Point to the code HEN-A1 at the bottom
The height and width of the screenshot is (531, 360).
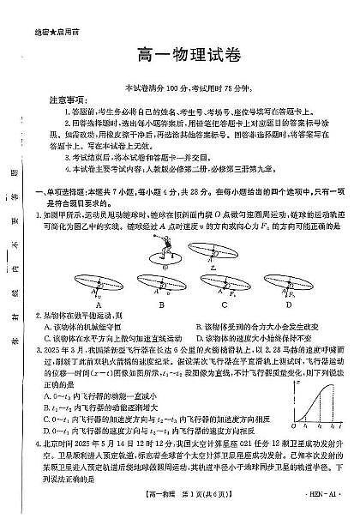coord(321,511)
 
